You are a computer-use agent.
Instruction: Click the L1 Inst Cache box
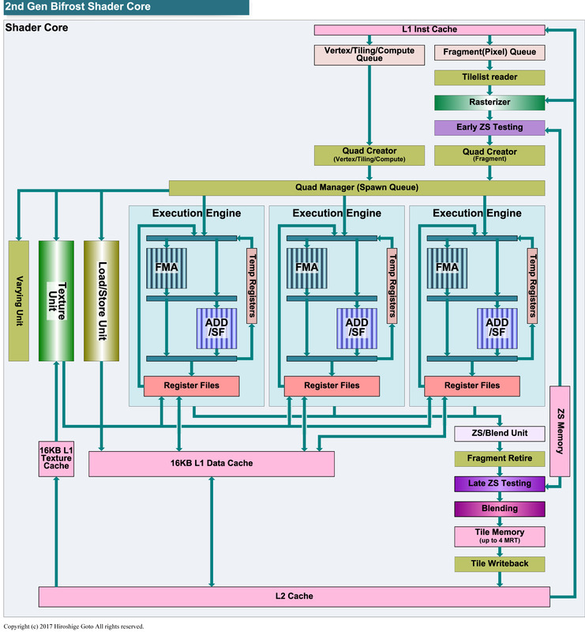429,30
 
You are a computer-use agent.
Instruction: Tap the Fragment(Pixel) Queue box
489,53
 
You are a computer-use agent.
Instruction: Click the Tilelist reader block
489,78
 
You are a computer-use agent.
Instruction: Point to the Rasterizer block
489,102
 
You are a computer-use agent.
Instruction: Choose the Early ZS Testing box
489,127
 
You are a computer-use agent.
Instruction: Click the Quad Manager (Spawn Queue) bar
357,187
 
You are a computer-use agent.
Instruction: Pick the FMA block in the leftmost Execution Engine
166,267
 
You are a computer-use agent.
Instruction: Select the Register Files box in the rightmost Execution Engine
472,386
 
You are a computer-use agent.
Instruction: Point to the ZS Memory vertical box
560,431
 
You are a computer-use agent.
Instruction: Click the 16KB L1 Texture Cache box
56,459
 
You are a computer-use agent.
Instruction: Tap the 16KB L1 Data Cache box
211,464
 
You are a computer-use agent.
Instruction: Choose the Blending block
499,508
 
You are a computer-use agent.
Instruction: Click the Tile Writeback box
499,563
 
